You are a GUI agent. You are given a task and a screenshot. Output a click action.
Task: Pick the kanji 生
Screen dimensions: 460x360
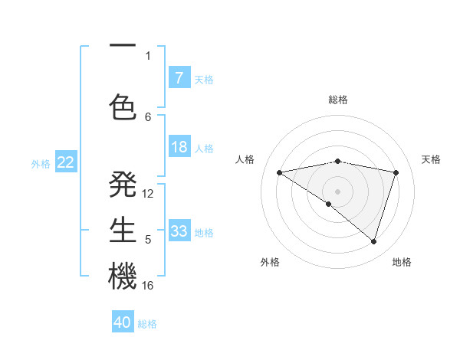pyautogui.click(x=123, y=231)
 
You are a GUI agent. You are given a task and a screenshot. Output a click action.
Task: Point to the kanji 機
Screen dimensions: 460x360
pyautogui.click(x=123, y=277)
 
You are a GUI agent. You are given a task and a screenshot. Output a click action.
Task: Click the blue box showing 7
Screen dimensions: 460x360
pyautogui.click(x=179, y=78)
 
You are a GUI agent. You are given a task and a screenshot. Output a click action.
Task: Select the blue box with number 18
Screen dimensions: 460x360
pyautogui.click(x=179, y=148)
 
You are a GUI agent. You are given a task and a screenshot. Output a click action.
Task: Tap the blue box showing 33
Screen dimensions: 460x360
pyautogui.click(x=179, y=231)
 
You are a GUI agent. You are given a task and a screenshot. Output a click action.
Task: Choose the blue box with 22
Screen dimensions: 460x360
pyautogui.click(x=66, y=162)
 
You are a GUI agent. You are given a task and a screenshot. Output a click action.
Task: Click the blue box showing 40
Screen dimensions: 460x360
pyautogui.click(x=123, y=322)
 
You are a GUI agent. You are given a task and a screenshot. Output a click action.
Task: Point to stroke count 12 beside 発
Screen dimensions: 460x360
pyautogui.click(x=148, y=194)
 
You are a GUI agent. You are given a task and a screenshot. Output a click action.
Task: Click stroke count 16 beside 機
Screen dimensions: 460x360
pyautogui.click(x=148, y=286)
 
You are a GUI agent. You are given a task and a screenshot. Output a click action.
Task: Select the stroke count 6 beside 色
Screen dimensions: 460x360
pyautogui.click(x=148, y=116)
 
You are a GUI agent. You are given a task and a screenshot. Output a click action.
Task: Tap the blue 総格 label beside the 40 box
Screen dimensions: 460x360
pyautogui.click(x=147, y=324)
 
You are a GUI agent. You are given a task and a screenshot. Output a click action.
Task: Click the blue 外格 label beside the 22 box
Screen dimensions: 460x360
pyautogui.click(x=41, y=163)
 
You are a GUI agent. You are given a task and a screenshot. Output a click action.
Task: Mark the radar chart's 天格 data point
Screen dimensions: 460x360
pyautogui.click(x=396, y=172)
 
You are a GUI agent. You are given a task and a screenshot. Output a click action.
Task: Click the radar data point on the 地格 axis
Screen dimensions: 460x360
pyautogui.click(x=373, y=242)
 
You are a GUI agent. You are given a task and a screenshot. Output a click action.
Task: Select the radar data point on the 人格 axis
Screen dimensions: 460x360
pyautogui.click(x=279, y=172)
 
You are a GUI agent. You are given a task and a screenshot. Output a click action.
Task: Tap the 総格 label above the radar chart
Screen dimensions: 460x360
pyautogui.click(x=338, y=100)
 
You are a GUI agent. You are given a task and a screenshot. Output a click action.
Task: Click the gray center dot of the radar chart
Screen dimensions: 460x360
pyautogui.click(x=337, y=191)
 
